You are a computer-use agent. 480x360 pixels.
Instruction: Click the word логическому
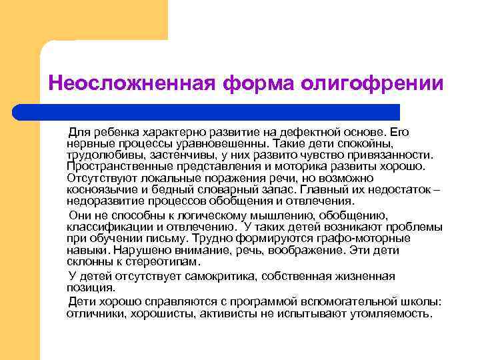click(x=203, y=214)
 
